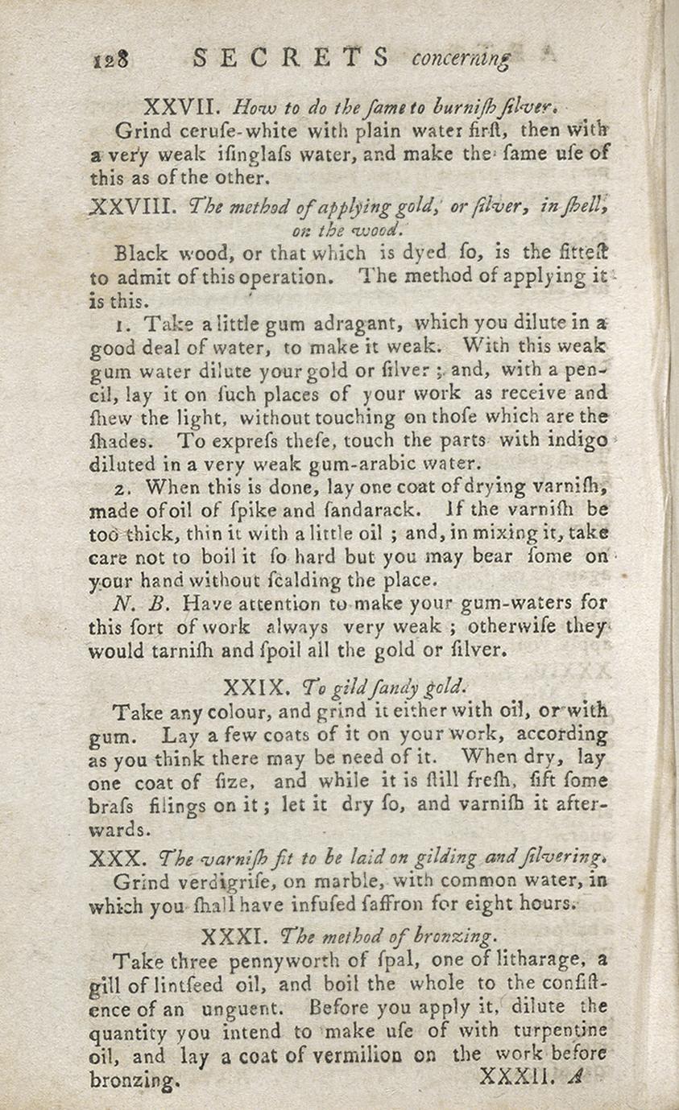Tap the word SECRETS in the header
pos(292,58)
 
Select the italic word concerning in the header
pos(461,60)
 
